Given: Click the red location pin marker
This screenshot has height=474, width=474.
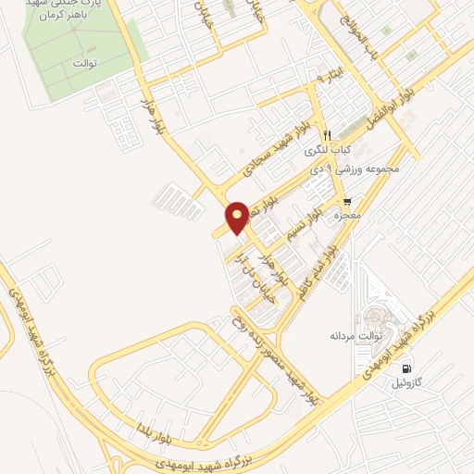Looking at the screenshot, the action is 237,218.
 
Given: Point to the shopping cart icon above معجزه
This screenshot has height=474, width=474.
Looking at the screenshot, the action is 347,201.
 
